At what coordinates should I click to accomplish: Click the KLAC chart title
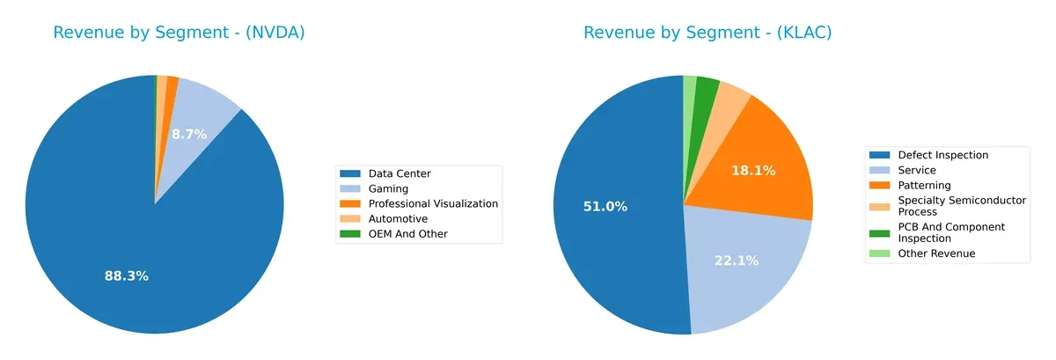pyautogui.click(x=708, y=33)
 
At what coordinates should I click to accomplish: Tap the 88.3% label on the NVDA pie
pyautogui.click(x=127, y=276)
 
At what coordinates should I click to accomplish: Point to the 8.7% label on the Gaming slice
pyautogui.click(x=189, y=135)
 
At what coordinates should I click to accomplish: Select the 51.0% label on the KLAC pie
pyautogui.click(x=605, y=206)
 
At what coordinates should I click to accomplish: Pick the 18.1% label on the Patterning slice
pyautogui.click(x=753, y=171)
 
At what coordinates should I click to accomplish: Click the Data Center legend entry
pyautogui.click(x=400, y=173)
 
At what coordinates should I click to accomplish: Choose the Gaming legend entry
pyautogui.click(x=388, y=188)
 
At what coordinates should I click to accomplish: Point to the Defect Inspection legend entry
pyautogui.click(x=942, y=155)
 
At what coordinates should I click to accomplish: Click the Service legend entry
pyautogui.click(x=917, y=170)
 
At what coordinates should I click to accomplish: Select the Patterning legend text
pyautogui.click(x=924, y=185)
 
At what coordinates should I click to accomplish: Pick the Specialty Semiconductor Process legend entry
pyautogui.click(x=961, y=206)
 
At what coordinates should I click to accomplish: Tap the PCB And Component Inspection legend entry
pyautogui.click(x=950, y=232)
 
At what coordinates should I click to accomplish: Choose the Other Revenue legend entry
pyautogui.click(x=936, y=253)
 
